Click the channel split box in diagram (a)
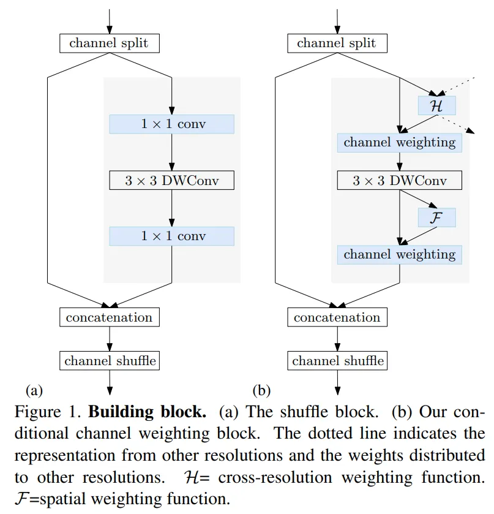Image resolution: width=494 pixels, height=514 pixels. point(109,43)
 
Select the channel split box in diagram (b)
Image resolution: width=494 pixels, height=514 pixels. point(337,43)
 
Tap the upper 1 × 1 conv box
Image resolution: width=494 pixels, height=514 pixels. point(172,124)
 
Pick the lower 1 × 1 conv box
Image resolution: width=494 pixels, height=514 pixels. point(172,236)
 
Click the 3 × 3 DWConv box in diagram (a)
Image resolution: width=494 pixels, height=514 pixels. point(172,181)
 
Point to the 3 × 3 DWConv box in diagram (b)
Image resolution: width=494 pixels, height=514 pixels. point(400,181)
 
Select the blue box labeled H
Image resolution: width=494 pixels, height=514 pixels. point(437,105)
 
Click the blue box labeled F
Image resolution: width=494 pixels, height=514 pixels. point(437,217)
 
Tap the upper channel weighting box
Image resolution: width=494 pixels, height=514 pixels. point(400,143)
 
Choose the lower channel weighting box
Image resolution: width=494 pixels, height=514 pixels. point(400,254)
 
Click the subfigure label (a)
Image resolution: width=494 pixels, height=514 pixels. point(33,390)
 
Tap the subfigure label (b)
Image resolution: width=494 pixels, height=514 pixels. point(261,390)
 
